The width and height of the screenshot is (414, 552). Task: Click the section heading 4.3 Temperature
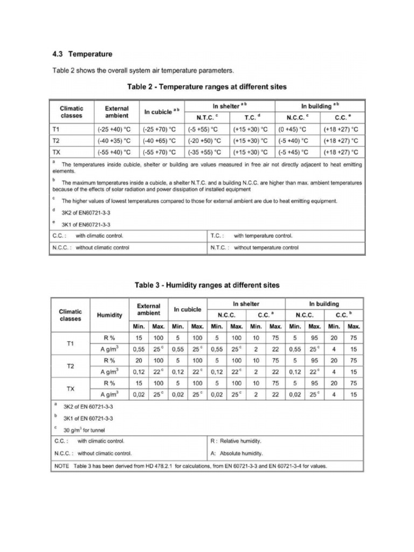(x=82, y=54)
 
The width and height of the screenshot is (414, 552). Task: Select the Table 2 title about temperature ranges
(x=206, y=86)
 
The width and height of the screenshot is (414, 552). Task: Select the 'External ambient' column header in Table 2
(x=116, y=112)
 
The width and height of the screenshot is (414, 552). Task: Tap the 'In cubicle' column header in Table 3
(x=187, y=309)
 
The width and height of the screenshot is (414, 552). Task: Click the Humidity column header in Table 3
(x=109, y=315)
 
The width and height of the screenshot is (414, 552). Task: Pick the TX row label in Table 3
(x=71, y=388)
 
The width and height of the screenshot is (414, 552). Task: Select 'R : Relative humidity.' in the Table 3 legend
(x=238, y=441)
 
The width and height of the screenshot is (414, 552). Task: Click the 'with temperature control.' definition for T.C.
(x=263, y=236)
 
